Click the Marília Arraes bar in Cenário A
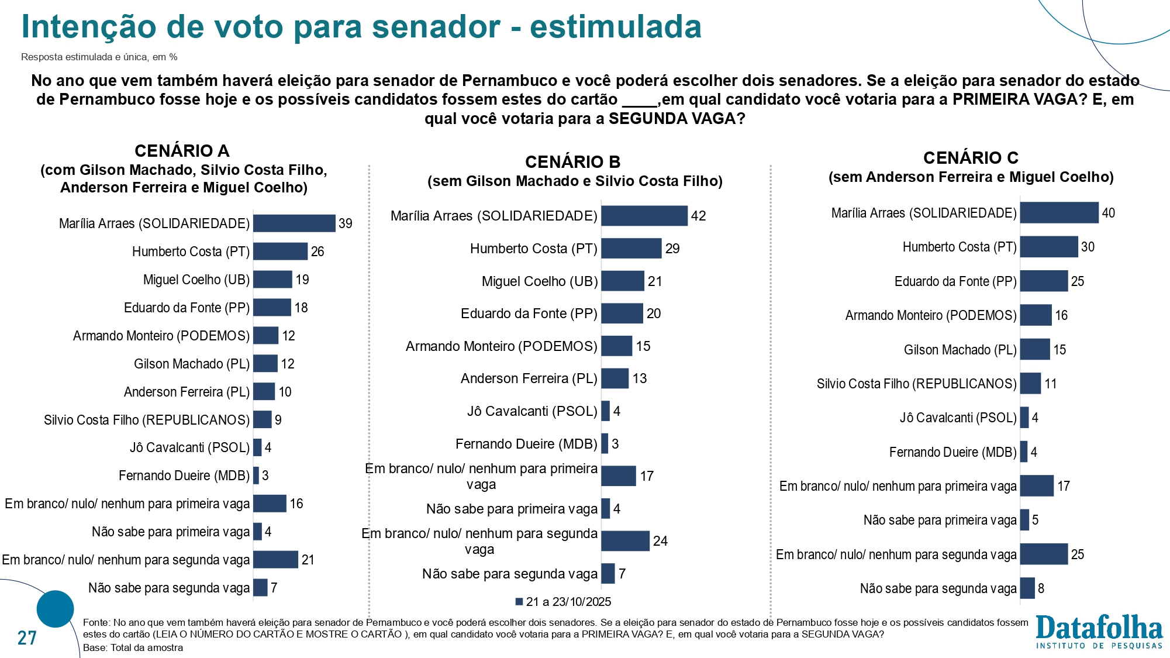coord(294,223)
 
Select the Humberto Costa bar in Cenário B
coord(631,249)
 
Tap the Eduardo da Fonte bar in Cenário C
coord(1044,281)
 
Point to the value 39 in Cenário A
coord(346,223)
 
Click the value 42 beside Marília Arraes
coord(698,216)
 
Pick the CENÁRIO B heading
coord(572,162)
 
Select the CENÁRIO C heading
coord(971,158)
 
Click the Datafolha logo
coord(1099,632)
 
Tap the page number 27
coord(27,638)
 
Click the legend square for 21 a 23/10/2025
coord(519,602)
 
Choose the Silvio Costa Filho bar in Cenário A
coord(263,420)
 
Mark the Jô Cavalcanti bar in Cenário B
coord(605,411)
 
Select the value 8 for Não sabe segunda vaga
coord(1041,588)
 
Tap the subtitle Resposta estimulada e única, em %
coord(99,57)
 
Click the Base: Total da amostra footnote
coord(133,647)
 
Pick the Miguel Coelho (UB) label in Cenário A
coord(196,280)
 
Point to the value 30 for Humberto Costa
coord(1088,247)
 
